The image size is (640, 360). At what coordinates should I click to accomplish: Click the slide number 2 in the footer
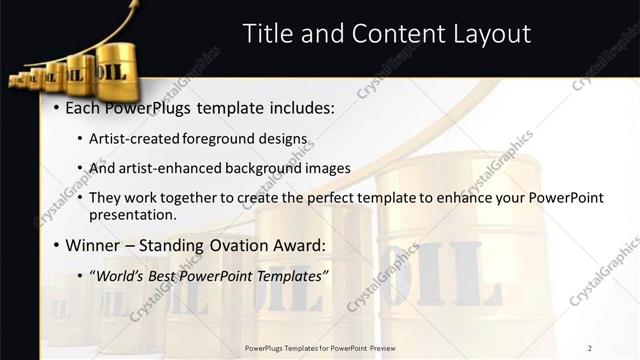(x=590, y=347)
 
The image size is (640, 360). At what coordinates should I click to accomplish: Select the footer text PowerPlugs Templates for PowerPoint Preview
(x=319, y=347)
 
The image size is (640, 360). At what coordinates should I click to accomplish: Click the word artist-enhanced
(x=161, y=168)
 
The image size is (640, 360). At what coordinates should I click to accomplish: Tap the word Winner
(x=93, y=245)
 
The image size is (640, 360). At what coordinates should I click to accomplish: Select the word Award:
(x=304, y=245)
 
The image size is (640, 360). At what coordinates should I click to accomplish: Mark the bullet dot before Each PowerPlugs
(x=57, y=108)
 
